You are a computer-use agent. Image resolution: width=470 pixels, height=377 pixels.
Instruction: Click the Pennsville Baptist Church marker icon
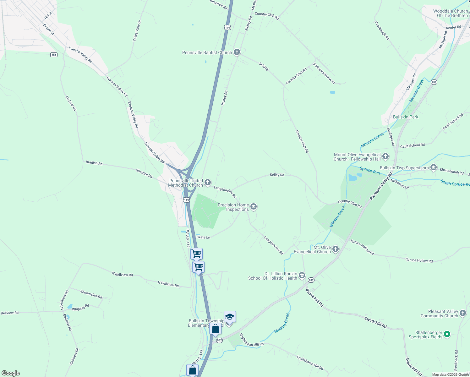[x=237, y=52]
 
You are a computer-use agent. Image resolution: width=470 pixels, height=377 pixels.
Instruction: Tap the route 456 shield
[x=54, y=55]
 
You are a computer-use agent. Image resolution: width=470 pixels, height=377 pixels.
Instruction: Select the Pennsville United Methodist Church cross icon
[x=207, y=182]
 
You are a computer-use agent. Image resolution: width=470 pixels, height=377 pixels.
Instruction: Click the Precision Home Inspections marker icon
[x=254, y=207]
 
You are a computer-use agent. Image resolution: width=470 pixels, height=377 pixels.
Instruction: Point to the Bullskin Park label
[x=406, y=117]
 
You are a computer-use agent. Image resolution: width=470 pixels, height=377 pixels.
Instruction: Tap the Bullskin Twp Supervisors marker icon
[x=434, y=167]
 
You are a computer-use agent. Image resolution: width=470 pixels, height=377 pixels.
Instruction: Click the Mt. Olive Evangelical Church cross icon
[x=336, y=249]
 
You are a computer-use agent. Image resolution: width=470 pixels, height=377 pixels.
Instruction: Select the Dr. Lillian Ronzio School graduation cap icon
[x=302, y=276]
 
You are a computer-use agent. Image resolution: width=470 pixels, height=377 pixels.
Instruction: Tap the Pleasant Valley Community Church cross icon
[x=463, y=313]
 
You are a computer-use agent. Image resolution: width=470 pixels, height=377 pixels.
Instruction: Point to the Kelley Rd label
[x=277, y=175]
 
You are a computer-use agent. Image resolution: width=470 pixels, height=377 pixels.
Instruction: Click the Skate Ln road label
[x=203, y=237]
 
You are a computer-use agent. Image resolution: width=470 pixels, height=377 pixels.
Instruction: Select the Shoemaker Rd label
[x=91, y=294]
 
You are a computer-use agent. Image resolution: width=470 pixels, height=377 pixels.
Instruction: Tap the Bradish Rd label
[x=94, y=163]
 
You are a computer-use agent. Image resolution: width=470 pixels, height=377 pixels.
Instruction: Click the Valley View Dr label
[x=137, y=31]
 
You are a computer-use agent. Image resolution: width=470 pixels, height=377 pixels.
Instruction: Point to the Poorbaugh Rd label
[x=382, y=30]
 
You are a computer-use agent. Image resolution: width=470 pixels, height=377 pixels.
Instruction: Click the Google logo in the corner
[x=10, y=373]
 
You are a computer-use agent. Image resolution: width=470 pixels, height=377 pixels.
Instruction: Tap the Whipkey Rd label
[x=80, y=307]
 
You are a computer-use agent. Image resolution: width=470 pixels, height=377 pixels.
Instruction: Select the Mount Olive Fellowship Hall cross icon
[x=385, y=156]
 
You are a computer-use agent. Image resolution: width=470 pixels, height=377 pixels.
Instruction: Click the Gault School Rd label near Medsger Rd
[x=412, y=145]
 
